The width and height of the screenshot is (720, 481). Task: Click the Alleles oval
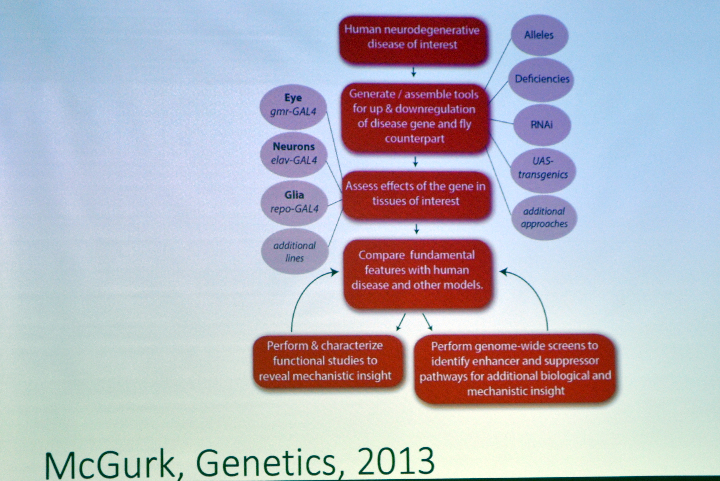[539, 35]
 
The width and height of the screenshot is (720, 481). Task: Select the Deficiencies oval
[541, 79]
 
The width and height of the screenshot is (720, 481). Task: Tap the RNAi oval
[542, 125]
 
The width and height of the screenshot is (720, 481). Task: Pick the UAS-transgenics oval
[543, 168]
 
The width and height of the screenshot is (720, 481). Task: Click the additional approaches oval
[544, 217]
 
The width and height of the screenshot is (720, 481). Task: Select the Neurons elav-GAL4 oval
[294, 154]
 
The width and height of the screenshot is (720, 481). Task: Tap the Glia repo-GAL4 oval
[294, 203]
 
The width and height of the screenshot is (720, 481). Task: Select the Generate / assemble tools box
[415, 117]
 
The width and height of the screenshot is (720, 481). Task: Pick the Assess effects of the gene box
[416, 195]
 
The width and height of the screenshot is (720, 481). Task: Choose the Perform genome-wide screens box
[515, 368]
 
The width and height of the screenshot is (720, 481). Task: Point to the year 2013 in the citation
[396, 461]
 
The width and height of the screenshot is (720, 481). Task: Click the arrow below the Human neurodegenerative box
[413, 72]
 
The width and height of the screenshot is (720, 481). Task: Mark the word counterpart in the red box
[415, 139]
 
